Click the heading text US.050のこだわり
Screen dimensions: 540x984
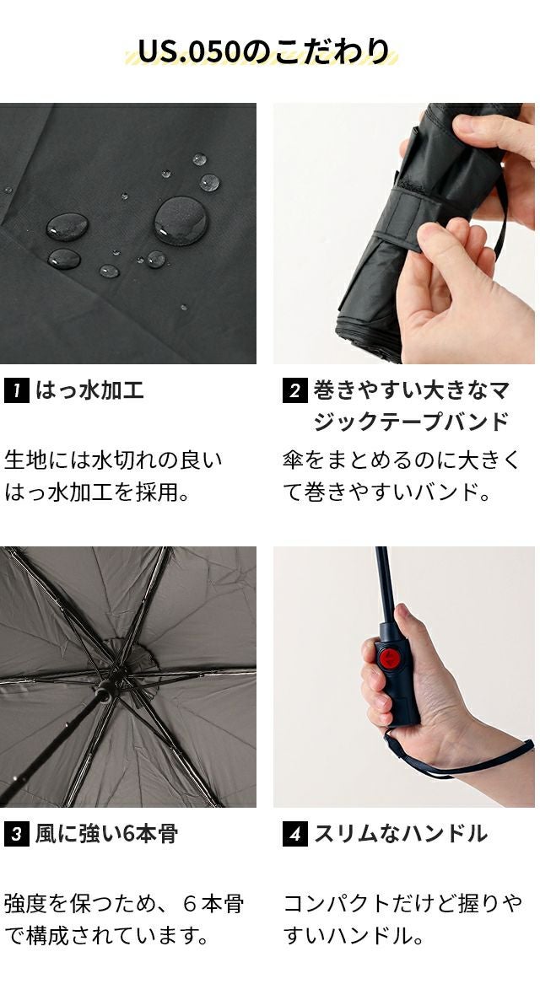tap(264, 51)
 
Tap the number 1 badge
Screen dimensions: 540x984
tap(16, 390)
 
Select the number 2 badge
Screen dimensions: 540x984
tap(294, 391)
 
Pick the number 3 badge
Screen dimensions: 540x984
tap(16, 834)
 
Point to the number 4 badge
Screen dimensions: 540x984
tap(294, 834)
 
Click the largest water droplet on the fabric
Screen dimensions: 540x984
tap(181, 220)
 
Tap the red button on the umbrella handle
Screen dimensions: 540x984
tap(390, 659)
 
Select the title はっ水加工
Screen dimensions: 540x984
tap(89, 390)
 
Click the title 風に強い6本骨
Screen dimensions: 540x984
tap(106, 834)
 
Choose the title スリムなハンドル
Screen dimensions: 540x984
tap(401, 834)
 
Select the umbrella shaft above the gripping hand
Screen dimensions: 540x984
tap(385, 583)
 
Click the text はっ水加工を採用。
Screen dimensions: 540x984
tap(97, 492)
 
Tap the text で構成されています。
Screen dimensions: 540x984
tap(106, 937)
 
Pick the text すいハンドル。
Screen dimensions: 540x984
tap(353, 937)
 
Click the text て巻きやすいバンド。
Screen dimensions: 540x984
tap(386, 492)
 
